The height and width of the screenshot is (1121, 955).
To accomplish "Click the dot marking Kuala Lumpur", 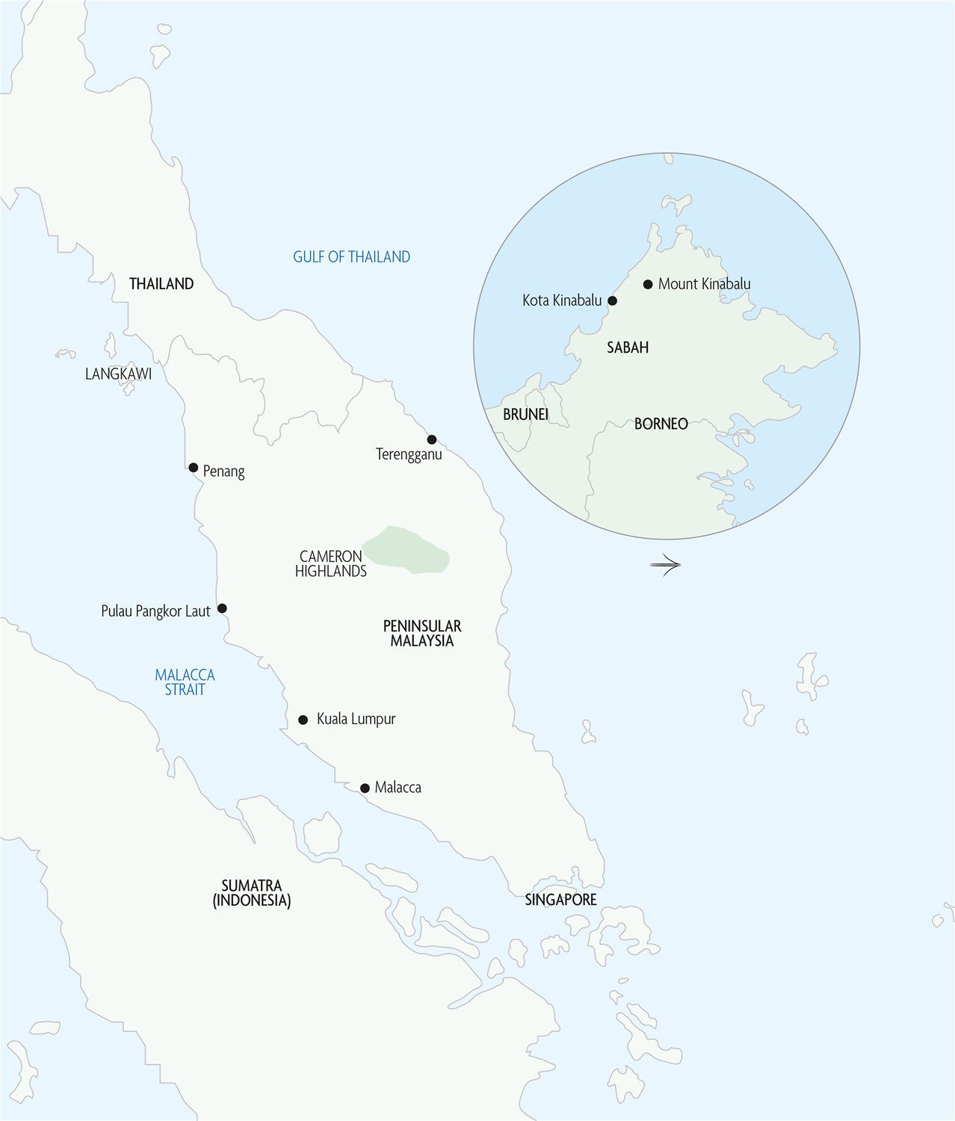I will tap(303, 720).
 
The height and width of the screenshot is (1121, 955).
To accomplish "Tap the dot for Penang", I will tap(193, 468).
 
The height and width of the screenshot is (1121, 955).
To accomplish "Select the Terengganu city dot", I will tap(431, 439).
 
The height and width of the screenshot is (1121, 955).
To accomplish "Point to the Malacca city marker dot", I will tap(365, 788).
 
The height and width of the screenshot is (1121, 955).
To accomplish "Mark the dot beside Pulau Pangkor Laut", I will tap(222, 608).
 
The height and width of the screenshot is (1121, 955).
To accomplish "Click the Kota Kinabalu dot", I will tap(613, 300).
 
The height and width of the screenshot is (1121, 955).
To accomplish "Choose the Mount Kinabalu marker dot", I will tap(648, 284).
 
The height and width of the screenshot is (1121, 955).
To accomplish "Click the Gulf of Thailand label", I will tap(351, 257).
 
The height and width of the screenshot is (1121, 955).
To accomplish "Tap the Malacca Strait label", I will tap(185, 682).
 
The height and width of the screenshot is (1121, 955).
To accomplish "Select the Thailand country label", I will tap(161, 284).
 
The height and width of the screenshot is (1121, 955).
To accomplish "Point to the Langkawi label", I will tap(118, 374).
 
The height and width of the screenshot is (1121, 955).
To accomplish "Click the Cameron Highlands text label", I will tap(330, 563).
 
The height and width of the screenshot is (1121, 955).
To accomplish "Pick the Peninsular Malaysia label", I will tap(422, 633).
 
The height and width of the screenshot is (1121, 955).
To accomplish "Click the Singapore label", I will tap(560, 900).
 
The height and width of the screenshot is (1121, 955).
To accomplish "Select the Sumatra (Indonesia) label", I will tap(252, 893).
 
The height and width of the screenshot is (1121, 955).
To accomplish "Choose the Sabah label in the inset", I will tap(628, 348).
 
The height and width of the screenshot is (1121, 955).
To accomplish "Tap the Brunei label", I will tap(525, 414).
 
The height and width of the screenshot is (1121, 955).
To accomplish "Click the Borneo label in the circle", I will tap(661, 424).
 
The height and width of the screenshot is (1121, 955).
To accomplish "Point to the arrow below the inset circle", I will tap(665, 565).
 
